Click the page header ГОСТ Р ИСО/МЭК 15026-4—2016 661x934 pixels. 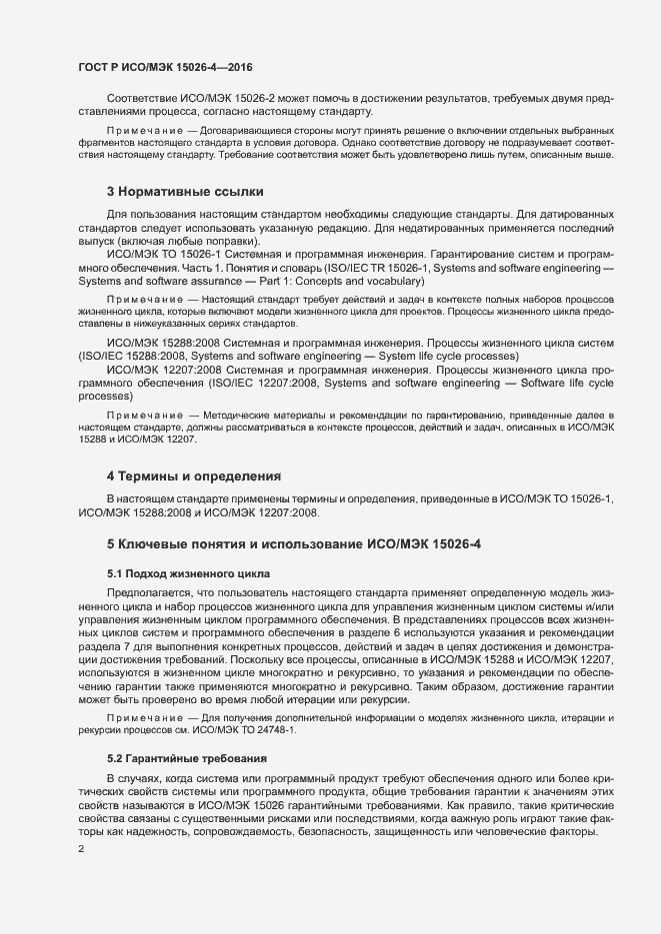coord(165,68)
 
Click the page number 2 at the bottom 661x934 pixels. coord(81,848)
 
